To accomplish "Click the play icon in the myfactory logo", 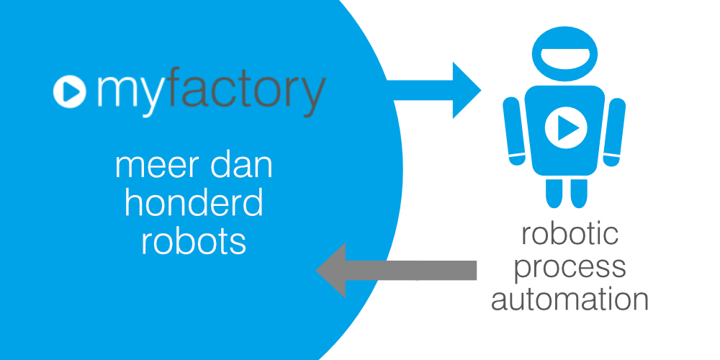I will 71,91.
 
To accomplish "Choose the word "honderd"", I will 194,204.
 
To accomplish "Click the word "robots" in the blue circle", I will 194,242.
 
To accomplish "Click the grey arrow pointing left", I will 396,270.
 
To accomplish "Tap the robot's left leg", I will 553,192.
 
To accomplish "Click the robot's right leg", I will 577,192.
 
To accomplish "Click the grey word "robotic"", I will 570,235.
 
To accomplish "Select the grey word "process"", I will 570,266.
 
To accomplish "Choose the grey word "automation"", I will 570,298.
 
